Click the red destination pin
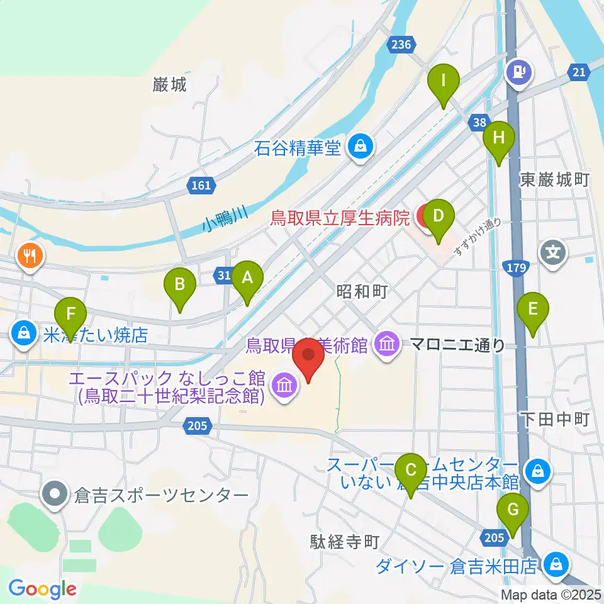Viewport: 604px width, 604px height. [309, 359]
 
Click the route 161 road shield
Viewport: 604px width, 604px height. [201, 185]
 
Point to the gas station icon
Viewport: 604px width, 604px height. [520, 71]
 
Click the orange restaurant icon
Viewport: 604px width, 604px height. [30, 255]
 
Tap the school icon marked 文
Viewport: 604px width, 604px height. [553, 253]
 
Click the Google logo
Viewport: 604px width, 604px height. [42, 589]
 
